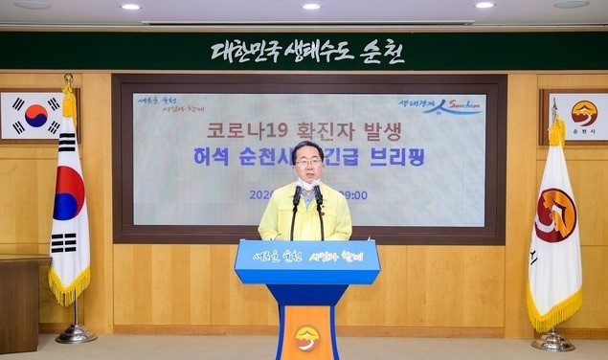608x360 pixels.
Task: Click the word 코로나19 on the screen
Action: point(238,132)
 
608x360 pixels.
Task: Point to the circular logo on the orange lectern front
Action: point(306,336)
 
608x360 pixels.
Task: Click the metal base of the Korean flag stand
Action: point(75,333)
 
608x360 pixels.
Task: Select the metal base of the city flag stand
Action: point(552,340)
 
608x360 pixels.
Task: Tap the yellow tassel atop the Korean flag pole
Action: point(69,101)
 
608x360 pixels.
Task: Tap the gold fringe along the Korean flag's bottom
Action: point(69,286)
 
